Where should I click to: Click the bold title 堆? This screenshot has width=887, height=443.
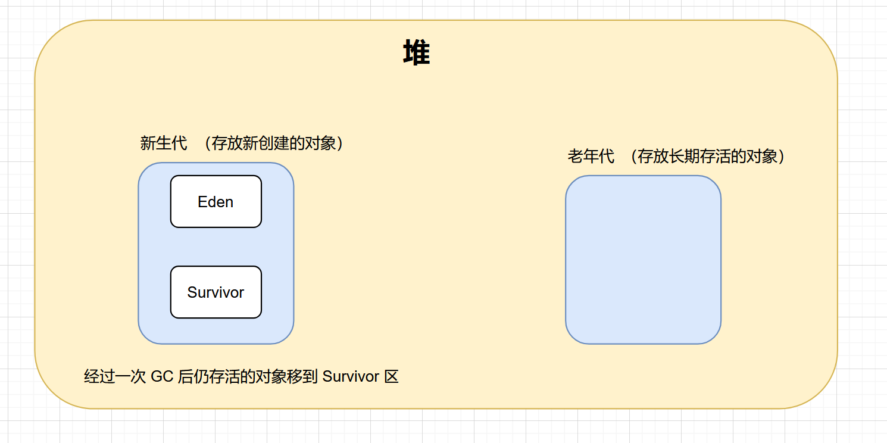[x=417, y=54]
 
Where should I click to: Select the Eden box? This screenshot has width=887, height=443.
[x=215, y=202]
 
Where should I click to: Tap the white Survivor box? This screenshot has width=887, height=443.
[x=215, y=292]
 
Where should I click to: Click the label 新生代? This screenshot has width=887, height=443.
[x=163, y=143]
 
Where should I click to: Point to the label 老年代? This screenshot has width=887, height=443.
[x=591, y=157]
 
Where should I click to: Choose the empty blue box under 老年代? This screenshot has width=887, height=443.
[x=643, y=260]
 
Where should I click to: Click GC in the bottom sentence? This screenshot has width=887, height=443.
[x=162, y=377]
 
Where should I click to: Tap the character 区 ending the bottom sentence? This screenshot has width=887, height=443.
[x=391, y=377]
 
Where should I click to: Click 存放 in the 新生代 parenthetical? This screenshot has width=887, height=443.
[x=227, y=143]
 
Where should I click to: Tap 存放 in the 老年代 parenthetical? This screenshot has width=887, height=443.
[x=654, y=157]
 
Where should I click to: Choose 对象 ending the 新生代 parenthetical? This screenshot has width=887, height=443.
[x=320, y=143]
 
